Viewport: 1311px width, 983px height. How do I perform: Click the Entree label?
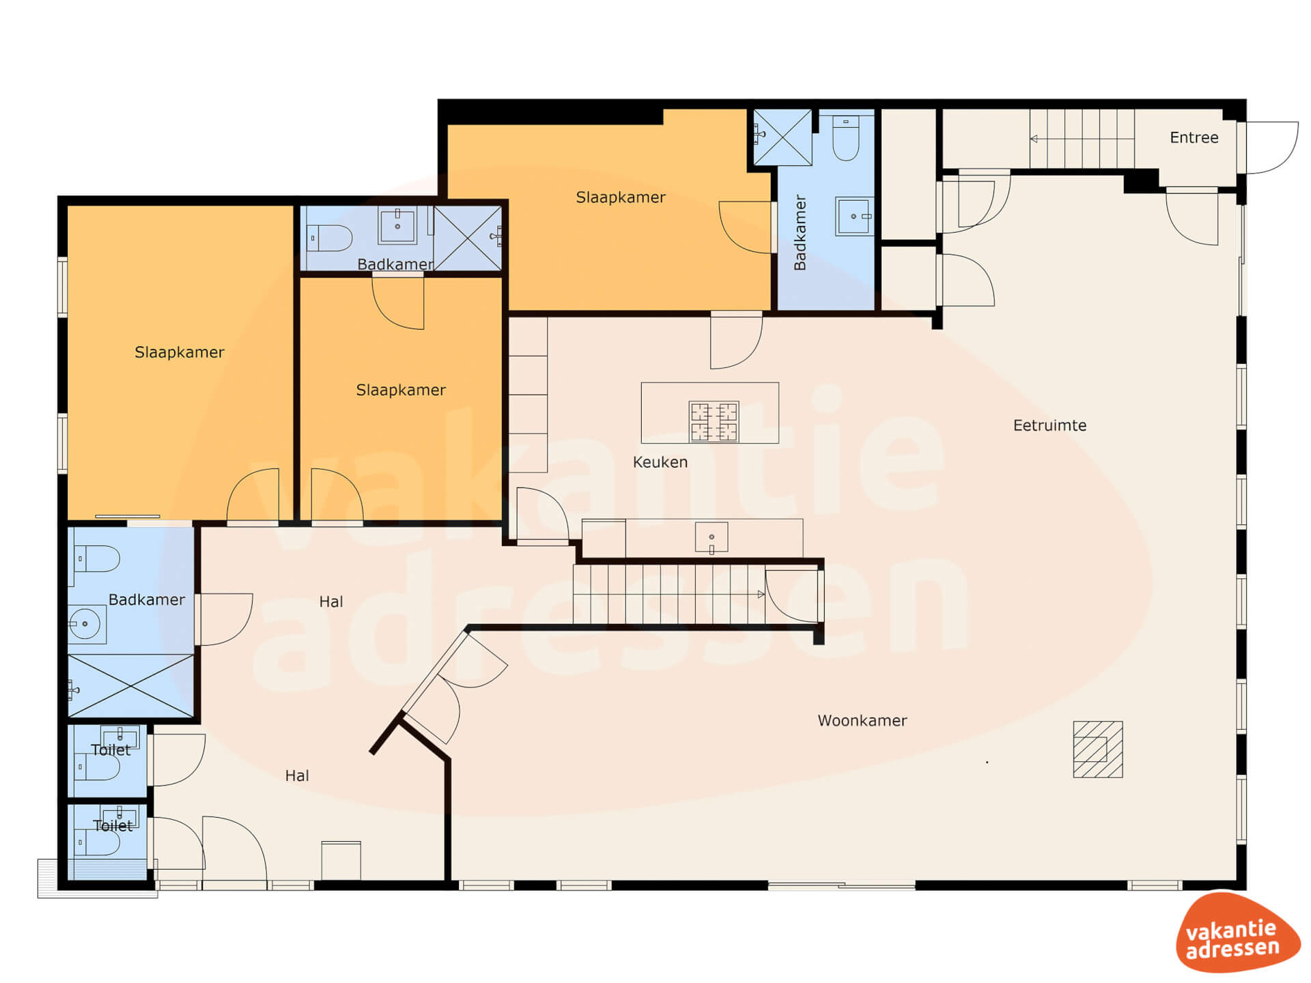tap(1194, 138)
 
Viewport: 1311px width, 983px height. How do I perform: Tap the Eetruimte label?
tap(1049, 425)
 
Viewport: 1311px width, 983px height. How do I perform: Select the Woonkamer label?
tap(862, 720)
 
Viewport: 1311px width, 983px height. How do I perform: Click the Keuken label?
tap(660, 462)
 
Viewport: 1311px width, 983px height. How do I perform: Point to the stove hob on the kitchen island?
tap(714, 421)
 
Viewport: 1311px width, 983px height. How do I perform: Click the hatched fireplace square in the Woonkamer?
tap(1098, 750)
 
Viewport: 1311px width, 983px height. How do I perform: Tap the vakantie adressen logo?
tap(1237, 933)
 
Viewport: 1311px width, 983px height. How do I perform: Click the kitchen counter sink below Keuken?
tap(711, 538)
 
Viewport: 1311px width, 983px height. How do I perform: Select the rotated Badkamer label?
tap(800, 233)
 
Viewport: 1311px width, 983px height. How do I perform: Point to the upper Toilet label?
tap(111, 750)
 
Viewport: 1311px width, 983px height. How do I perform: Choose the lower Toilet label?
tap(113, 825)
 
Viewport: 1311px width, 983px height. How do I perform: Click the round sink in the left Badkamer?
tap(86, 624)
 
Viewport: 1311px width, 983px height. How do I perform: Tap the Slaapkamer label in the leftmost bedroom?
tap(180, 352)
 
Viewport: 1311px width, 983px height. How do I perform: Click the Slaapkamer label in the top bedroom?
tap(621, 197)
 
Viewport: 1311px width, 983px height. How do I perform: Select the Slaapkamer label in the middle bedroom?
tap(401, 390)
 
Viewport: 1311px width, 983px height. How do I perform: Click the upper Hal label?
tap(331, 601)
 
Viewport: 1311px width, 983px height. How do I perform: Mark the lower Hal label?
tap(297, 775)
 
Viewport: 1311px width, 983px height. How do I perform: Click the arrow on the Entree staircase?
tap(1082, 139)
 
